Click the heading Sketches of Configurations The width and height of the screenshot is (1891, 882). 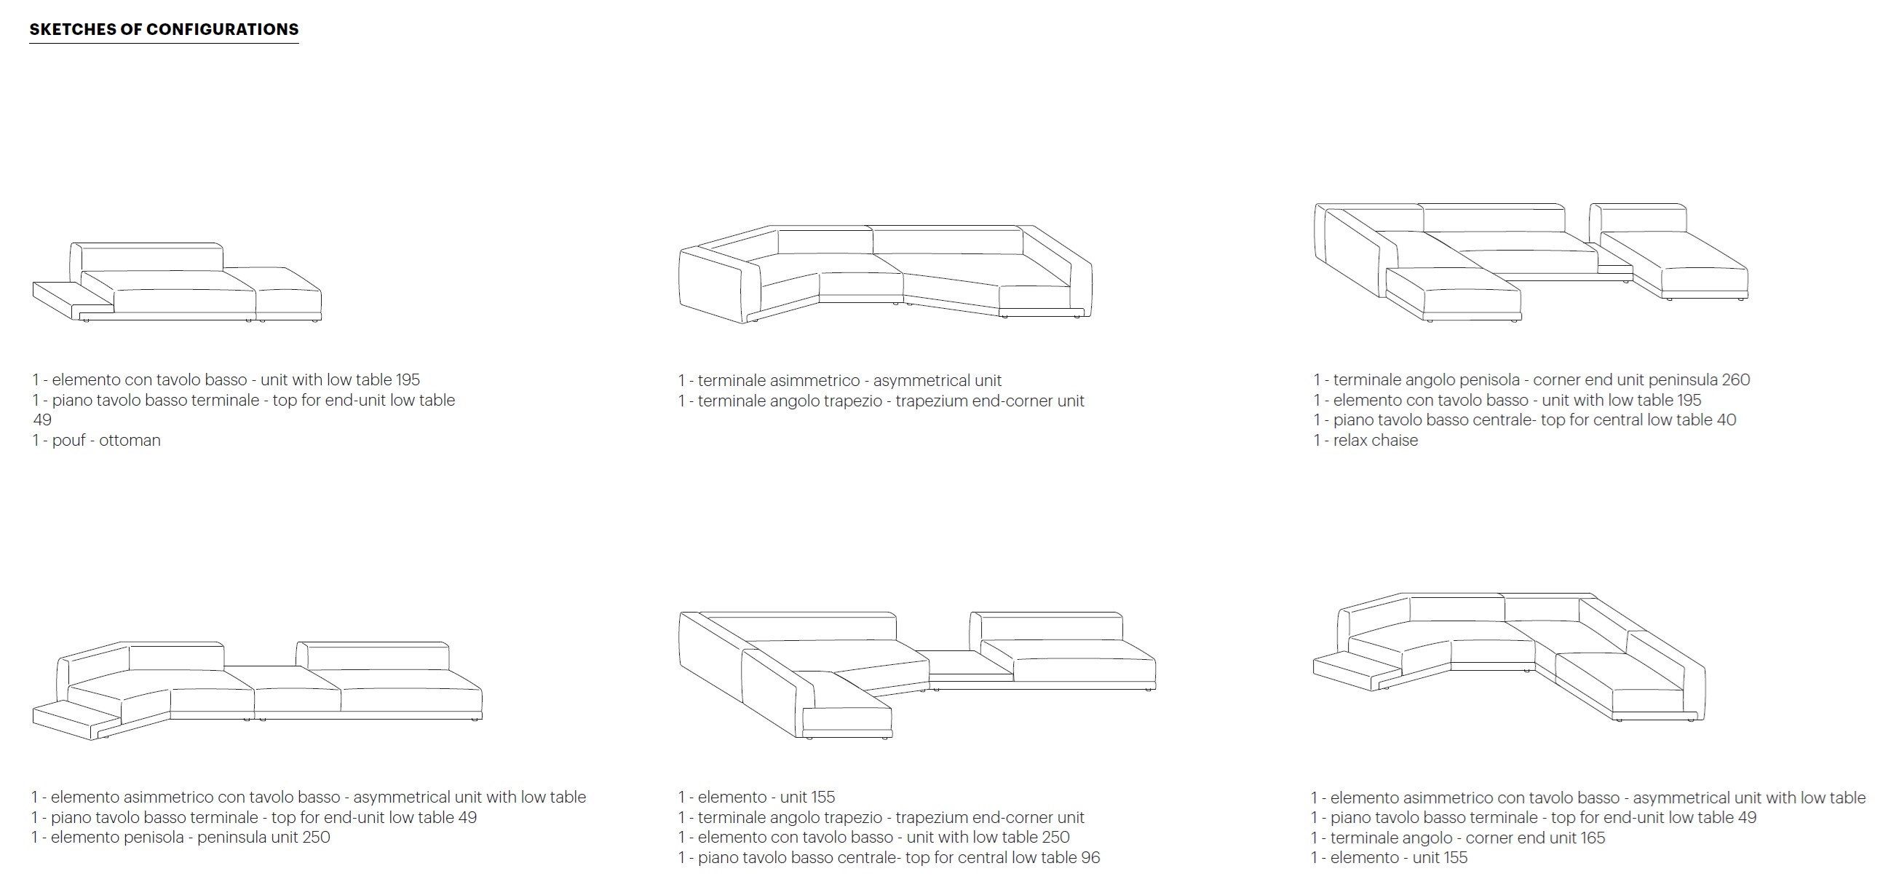click(164, 29)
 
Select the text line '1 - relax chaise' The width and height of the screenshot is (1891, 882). click(1365, 441)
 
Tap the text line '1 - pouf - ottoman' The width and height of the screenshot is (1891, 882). click(96, 441)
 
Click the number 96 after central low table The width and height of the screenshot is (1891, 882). click(1090, 858)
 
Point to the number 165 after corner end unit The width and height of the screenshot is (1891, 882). click(1592, 838)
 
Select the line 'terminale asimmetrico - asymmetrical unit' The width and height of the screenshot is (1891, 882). click(840, 381)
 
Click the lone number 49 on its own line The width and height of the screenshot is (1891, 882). click(42, 420)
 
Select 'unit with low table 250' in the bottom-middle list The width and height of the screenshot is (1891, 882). click(987, 837)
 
